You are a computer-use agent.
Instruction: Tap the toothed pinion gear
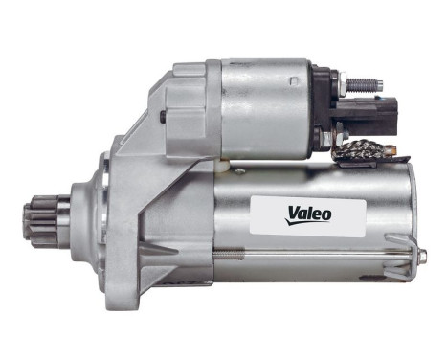(43, 219)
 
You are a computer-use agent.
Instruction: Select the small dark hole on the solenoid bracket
(163, 117)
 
